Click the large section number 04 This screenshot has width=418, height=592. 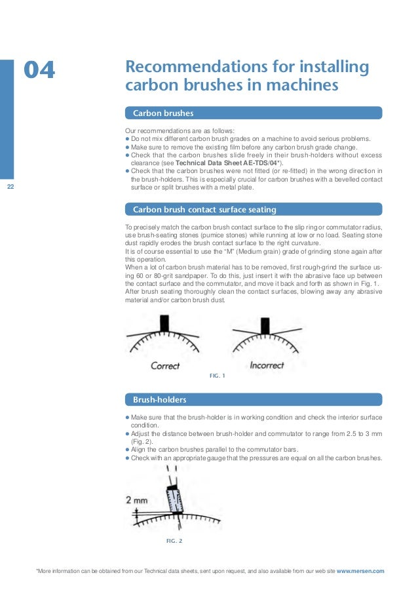pyautogui.click(x=40, y=70)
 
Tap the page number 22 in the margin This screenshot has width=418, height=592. pyautogui.click(x=10, y=187)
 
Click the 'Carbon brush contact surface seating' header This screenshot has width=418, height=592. pyautogui.click(x=204, y=210)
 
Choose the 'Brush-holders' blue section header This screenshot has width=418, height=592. pyautogui.click(x=159, y=399)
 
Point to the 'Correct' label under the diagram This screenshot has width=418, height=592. pyautogui.click(x=165, y=365)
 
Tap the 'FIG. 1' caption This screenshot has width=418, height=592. pyautogui.click(x=217, y=376)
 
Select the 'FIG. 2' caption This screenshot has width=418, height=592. pyautogui.click(x=175, y=542)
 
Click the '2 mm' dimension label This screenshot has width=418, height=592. pyautogui.click(x=136, y=500)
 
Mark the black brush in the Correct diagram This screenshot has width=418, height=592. pyautogui.click(x=165, y=323)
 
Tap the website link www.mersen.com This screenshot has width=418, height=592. pyautogui.click(x=360, y=571)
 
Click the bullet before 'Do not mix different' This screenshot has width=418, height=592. pyautogui.click(x=127, y=138)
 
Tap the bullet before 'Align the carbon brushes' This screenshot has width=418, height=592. pyautogui.click(x=127, y=450)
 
